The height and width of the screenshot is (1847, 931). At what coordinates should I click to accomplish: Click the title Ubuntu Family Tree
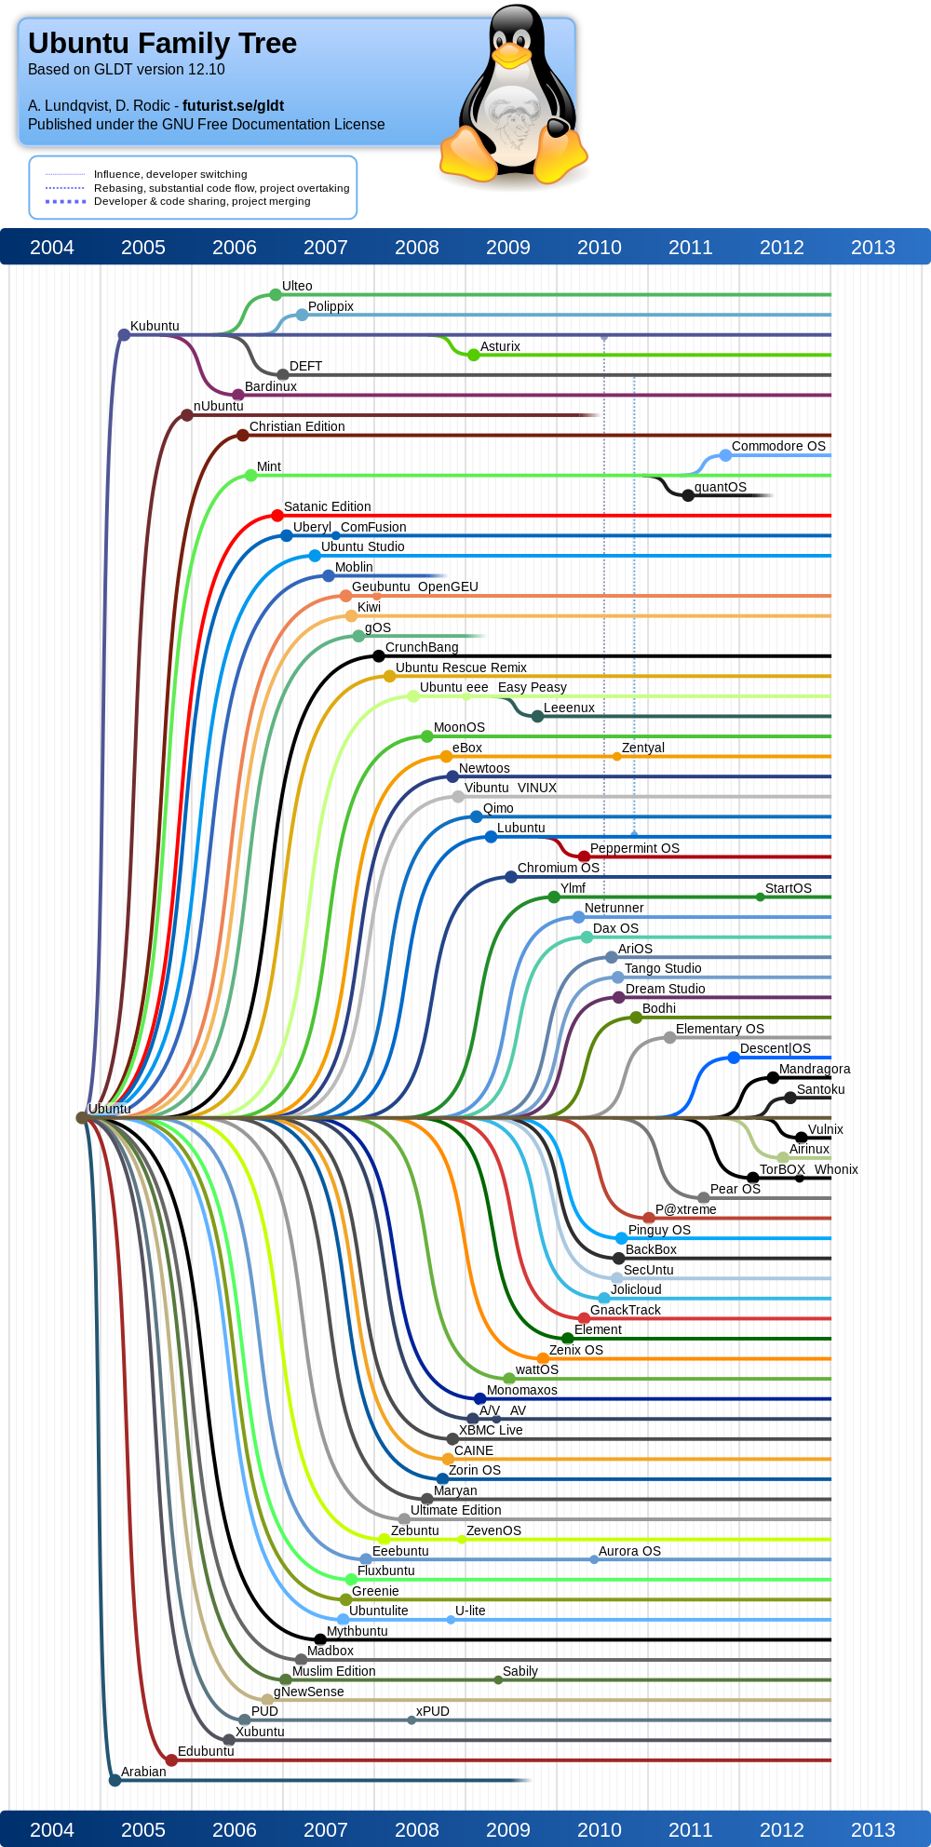[162, 43]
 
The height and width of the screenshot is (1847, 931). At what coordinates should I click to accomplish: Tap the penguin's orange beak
[511, 55]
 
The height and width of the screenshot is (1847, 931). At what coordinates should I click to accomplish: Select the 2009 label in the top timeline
[508, 248]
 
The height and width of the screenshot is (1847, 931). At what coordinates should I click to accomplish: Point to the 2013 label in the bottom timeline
[873, 1830]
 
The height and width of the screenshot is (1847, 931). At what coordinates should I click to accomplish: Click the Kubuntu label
[155, 326]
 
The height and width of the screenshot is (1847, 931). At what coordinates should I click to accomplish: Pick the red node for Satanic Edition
[277, 515]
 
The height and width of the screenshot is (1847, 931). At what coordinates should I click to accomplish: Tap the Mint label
[269, 466]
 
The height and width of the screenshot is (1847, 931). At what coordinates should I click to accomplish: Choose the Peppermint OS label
[635, 848]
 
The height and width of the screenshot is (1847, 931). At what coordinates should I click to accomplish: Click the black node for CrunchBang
[378, 655]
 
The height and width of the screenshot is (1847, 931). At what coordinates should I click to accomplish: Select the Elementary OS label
[720, 1029]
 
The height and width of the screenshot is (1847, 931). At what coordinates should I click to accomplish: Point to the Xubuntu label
[260, 1732]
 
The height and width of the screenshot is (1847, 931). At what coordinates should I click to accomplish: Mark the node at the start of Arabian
[115, 1780]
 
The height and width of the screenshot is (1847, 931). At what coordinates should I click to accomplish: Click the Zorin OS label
[475, 1470]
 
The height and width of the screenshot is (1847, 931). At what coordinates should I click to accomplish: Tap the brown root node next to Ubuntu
[82, 1117]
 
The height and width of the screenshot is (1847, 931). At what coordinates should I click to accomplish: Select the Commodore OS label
[778, 446]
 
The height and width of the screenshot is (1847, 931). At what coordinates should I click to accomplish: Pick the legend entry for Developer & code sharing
[202, 201]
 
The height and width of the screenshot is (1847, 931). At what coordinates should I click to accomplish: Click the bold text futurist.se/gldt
[233, 106]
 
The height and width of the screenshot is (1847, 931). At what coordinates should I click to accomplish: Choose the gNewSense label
[309, 1692]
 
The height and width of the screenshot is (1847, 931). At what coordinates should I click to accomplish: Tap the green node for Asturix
[474, 355]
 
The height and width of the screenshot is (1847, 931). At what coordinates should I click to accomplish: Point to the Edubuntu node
[171, 1759]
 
